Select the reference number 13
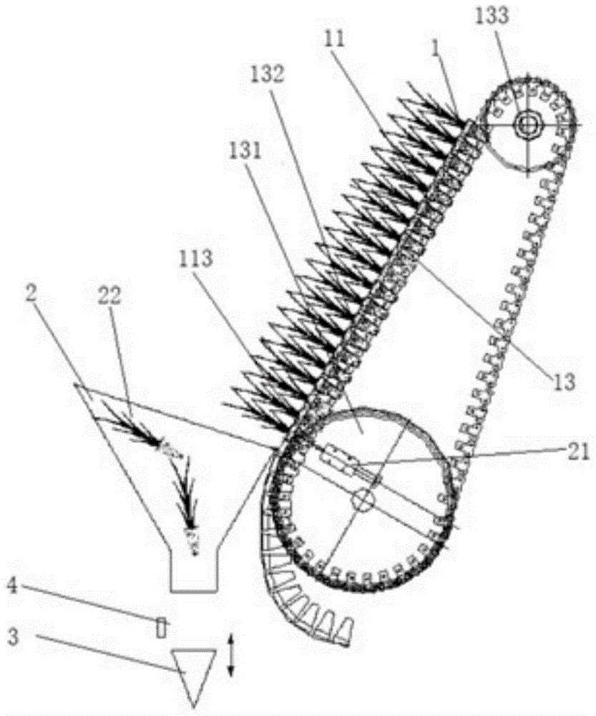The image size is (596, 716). [x=565, y=382]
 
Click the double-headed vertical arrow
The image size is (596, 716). [x=230, y=654]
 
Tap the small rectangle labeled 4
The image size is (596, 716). [x=161, y=627]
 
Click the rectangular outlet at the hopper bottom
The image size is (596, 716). [x=193, y=574]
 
